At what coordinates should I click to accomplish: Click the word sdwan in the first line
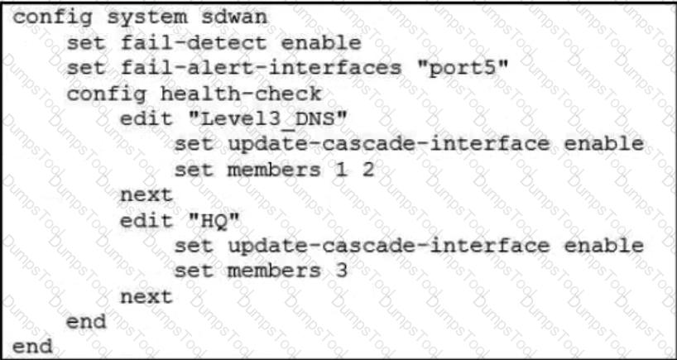point(234,17)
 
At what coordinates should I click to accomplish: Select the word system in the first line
point(147,18)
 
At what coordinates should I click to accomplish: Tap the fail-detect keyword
point(194,43)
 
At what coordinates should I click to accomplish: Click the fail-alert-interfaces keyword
point(262,69)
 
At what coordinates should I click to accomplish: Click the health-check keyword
point(241,94)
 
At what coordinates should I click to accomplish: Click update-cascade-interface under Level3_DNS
point(389,145)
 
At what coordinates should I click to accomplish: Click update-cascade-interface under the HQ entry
point(389,246)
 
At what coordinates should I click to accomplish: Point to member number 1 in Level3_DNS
point(341,170)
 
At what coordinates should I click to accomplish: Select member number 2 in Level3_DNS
point(367,170)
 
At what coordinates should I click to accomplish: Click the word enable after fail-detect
point(321,43)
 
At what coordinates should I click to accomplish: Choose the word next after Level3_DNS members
point(146,195)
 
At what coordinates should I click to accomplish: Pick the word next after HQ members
point(146,297)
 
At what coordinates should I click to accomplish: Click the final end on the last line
point(32,347)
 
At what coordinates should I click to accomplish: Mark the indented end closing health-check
point(86,322)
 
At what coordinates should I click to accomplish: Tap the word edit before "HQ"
point(146,221)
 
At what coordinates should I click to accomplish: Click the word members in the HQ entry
point(274,271)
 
